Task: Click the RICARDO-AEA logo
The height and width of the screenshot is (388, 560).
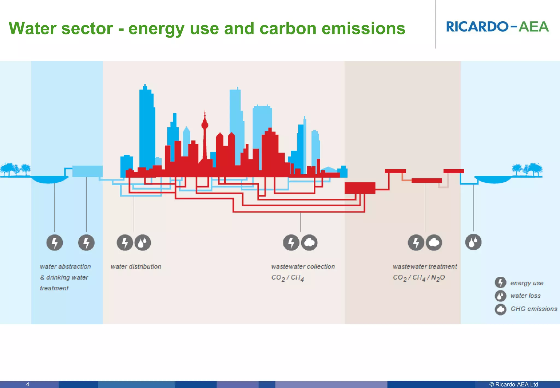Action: coord(497,27)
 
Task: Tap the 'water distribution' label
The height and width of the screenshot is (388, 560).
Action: coord(136,267)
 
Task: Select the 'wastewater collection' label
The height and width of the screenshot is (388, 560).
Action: coord(303,267)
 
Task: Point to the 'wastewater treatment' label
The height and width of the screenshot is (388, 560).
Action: coord(425,267)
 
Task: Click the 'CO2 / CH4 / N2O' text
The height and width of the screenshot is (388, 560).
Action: coord(419,278)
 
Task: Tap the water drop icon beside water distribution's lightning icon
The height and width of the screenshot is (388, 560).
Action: coord(143,243)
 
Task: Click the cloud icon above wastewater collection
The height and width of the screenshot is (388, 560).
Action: coord(309,243)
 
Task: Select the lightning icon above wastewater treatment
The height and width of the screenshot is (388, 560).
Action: coord(416,243)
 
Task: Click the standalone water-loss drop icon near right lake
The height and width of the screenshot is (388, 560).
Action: coord(473,242)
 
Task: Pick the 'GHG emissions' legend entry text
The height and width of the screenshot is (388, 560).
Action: coord(533,309)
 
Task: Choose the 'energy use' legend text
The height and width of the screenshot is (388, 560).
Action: coord(527,283)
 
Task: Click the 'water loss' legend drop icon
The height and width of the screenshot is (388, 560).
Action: coord(500,296)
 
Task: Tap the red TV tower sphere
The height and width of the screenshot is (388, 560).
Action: coord(205,125)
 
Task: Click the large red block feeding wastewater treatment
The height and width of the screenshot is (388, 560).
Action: coord(360,188)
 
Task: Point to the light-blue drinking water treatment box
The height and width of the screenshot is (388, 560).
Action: coord(87,171)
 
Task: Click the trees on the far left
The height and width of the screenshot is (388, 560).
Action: coord(15,169)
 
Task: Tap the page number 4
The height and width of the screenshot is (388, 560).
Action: coord(28,384)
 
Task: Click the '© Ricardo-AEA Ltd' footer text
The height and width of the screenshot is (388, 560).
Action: coord(514,384)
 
